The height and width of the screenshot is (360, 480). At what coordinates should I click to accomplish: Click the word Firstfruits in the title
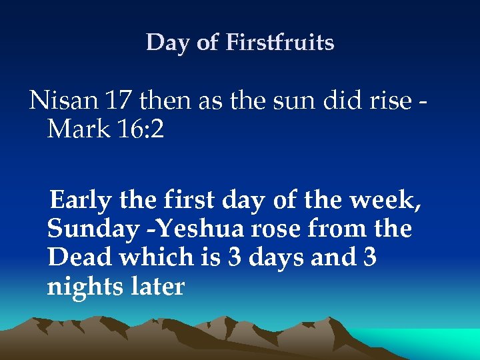280,43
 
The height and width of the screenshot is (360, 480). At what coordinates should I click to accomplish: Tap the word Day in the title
163,43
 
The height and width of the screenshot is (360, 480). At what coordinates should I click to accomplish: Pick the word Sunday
91,229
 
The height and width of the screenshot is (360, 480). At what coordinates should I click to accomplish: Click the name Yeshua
197,229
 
